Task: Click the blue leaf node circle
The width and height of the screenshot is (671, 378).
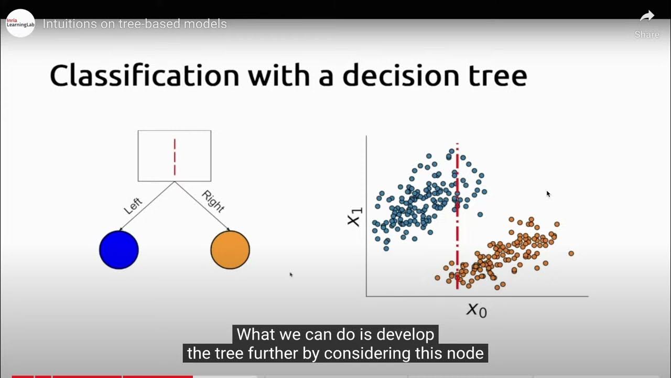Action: pos(119,250)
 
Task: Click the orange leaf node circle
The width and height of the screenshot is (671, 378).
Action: pos(230,250)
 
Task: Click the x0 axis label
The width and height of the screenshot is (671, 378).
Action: pos(477,310)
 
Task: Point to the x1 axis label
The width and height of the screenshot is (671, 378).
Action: pos(355,217)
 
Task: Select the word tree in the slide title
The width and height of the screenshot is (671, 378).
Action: pos(495,76)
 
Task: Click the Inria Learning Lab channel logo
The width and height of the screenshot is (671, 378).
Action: pos(20,23)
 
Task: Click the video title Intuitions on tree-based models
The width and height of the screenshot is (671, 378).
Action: pos(135,24)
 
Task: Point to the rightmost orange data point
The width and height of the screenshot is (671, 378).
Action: pos(571,254)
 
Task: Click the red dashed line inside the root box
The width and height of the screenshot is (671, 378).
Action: pos(175,156)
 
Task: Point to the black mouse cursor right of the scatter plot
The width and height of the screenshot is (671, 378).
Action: pos(548,194)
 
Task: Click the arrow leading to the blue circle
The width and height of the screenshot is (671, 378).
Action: pos(147,206)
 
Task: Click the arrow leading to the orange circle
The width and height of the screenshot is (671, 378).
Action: pos(202,206)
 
